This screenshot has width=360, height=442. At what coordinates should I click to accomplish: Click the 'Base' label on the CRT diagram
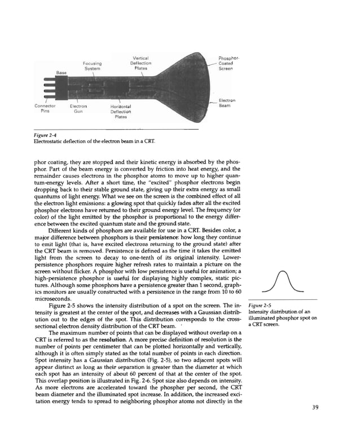[60, 73]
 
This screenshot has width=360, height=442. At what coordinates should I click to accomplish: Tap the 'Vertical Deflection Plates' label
[141, 64]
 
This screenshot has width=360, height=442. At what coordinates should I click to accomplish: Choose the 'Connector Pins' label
[45, 108]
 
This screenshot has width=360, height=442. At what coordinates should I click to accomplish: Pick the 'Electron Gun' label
[78, 108]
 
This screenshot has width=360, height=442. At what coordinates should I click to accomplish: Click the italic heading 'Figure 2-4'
[46, 135]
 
